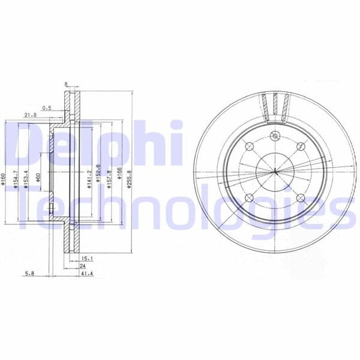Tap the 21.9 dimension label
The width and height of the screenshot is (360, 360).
click(x=30, y=115)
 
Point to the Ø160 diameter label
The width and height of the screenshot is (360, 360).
click(x=4, y=179)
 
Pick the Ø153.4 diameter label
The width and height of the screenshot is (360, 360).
click(x=26, y=179)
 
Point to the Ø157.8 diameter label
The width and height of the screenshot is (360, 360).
click(x=109, y=179)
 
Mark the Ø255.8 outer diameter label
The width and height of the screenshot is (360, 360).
click(x=129, y=179)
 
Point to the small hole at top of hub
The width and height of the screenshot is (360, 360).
click(x=275, y=135)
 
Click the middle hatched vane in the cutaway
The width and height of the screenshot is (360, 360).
click(x=275, y=106)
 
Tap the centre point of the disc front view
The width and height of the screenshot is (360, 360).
click(x=275, y=172)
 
